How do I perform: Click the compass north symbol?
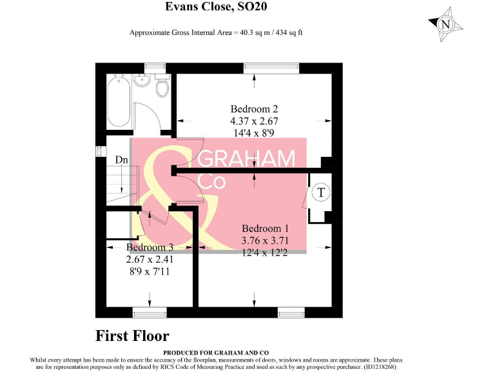click(445, 25)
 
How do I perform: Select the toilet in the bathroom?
click(162, 86)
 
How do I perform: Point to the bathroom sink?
click(142, 82)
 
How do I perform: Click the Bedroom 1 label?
click(265, 229)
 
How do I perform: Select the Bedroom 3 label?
click(150, 247)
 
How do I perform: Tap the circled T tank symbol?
click(321, 192)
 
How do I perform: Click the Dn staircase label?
click(121, 160)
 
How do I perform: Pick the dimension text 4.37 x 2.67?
click(254, 121)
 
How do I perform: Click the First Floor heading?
click(132, 336)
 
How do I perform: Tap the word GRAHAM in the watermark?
click(248, 160)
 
